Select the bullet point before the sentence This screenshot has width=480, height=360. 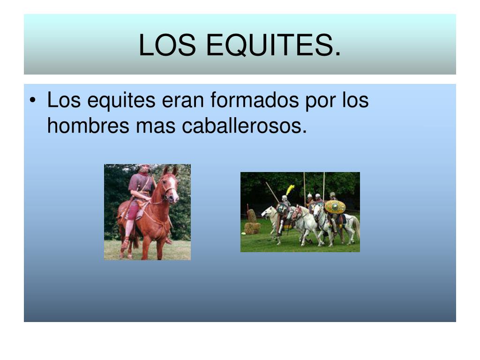(32, 101)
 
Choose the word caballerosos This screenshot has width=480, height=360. (244, 126)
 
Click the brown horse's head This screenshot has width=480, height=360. (169, 185)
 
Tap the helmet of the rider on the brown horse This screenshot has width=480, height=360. (143, 167)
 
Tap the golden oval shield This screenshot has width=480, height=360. (335, 207)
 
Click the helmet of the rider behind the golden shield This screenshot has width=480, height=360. (332, 195)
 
